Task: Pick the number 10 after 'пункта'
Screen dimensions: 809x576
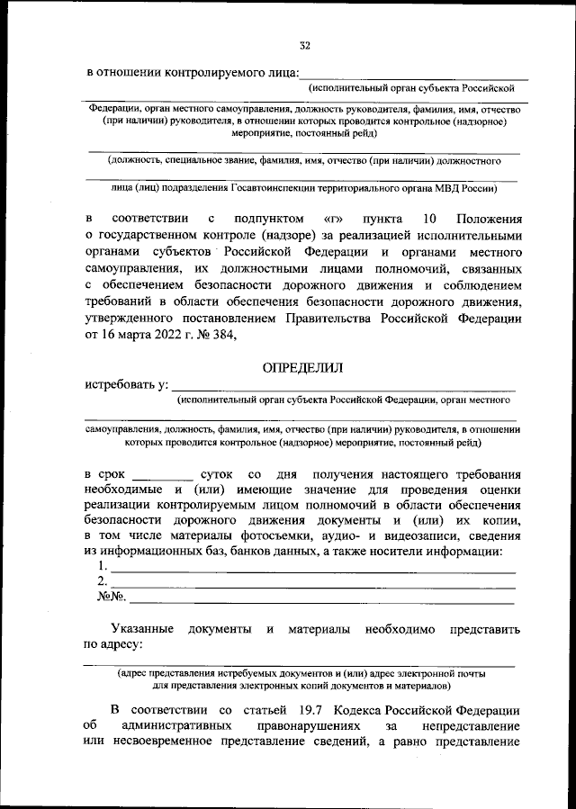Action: (x=428, y=219)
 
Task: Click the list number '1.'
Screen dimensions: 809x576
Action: (x=103, y=568)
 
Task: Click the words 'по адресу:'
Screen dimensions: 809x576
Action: (x=113, y=644)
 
